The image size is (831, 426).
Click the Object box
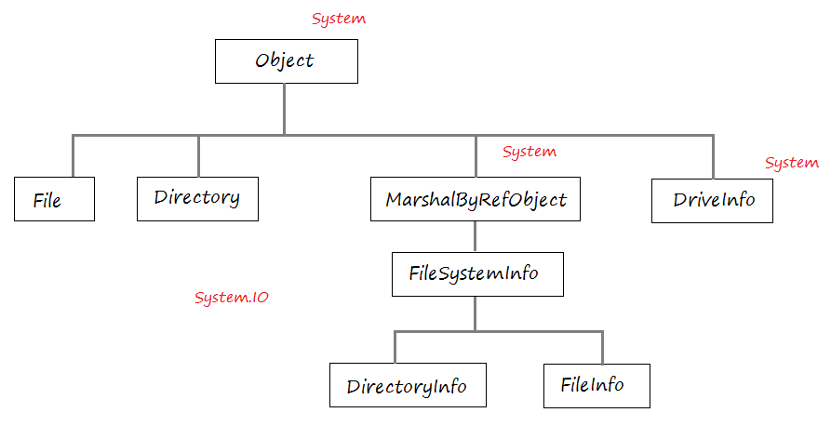(x=287, y=61)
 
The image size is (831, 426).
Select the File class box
(x=54, y=199)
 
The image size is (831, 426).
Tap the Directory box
(x=197, y=199)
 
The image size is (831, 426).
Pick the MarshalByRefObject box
(x=476, y=199)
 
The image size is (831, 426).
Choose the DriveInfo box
(x=712, y=201)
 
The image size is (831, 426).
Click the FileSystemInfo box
(x=477, y=274)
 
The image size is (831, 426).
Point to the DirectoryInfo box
(x=409, y=385)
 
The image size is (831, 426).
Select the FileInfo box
(x=596, y=386)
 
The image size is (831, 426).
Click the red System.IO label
(x=232, y=298)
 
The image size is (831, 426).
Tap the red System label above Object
(x=339, y=19)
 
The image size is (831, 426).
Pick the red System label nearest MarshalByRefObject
(x=529, y=152)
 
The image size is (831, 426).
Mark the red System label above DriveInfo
(x=792, y=163)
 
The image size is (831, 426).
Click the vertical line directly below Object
(x=285, y=109)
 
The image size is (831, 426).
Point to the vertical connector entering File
(x=73, y=156)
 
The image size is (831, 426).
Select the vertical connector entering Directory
(x=198, y=156)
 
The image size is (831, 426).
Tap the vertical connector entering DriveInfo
(x=714, y=157)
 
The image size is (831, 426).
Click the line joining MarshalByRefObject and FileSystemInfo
(x=475, y=236)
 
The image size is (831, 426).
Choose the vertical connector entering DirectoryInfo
(x=395, y=348)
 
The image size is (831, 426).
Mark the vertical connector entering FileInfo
(x=603, y=348)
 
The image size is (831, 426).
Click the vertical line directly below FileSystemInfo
(x=475, y=314)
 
